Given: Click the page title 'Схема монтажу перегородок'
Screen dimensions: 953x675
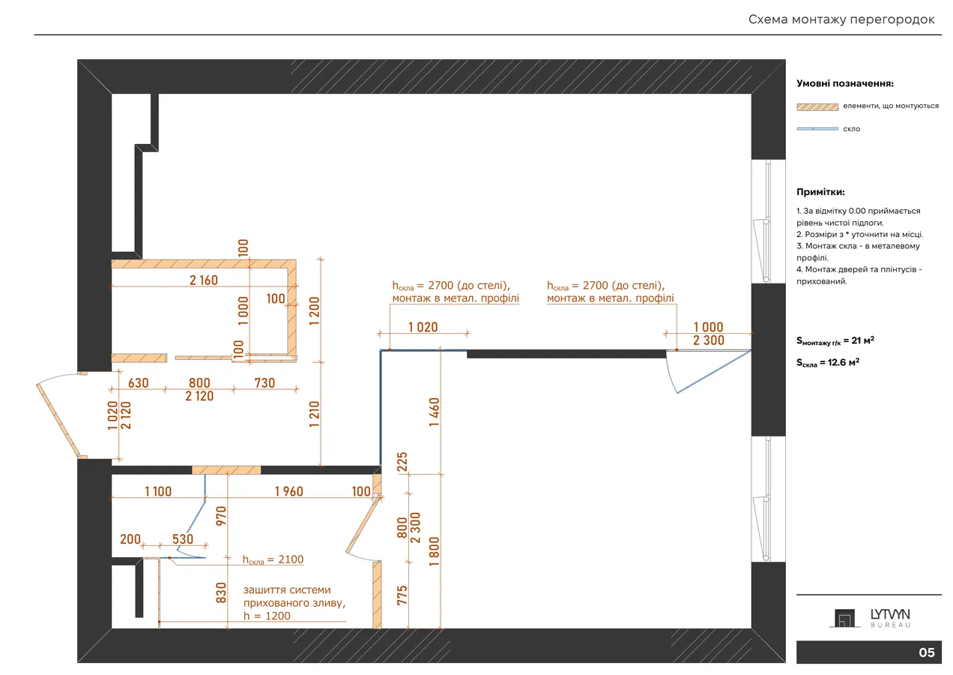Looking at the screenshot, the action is pyautogui.click(x=841, y=19).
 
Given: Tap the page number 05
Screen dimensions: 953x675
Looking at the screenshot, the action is pyautogui.click(x=926, y=652).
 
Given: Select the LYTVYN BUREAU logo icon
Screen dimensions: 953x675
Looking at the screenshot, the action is pyautogui.click(x=844, y=618).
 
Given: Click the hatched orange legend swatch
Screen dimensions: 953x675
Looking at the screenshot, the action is pyautogui.click(x=817, y=107).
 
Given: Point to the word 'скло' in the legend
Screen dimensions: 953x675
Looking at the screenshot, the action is pyautogui.click(x=851, y=129).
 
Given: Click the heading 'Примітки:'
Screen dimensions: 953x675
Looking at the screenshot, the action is pyautogui.click(x=820, y=192).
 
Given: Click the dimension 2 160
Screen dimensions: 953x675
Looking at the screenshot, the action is pyautogui.click(x=203, y=280).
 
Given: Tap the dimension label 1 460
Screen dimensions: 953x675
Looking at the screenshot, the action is pyautogui.click(x=434, y=412).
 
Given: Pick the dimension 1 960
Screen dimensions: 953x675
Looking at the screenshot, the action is pyautogui.click(x=289, y=491).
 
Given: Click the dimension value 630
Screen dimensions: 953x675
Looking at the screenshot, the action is pyautogui.click(x=139, y=382).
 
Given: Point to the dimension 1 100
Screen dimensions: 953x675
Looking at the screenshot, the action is pyautogui.click(x=158, y=491).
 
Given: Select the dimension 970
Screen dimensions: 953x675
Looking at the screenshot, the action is pyautogui.click(x=221, y=516).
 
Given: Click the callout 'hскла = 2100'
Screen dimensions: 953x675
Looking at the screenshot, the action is pyautogui.click(x=273, y=559).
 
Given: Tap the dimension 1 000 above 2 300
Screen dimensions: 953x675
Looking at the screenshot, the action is pyautogui.click(x=708, y=327).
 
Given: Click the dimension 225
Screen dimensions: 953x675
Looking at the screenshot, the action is pyautogui.click(x=402, y=462).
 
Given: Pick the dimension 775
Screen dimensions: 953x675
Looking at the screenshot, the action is pyautogui.click(x=402, y=595).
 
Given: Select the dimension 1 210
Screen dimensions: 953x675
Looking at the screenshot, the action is pyautogui.click(x=314, y=414).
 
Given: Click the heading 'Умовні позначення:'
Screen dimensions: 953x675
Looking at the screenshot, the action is pyautogui.click(x=845, y=83).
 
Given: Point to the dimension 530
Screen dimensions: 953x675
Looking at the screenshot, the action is pyautogui.click(x=183, y=539).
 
